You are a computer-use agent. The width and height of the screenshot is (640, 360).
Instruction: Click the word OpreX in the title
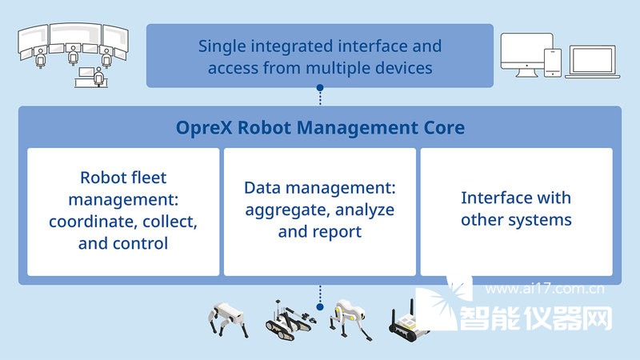pos(204,128)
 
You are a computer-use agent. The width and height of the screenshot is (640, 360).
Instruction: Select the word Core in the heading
pos(444,128)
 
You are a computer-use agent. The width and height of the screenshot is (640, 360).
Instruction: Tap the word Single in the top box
pos(222,47)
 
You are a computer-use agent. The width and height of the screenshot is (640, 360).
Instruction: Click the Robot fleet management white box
pos(123,211)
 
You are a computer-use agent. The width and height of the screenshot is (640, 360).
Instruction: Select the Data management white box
pos(319,211)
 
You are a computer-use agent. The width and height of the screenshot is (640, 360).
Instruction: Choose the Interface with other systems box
pos(516,211)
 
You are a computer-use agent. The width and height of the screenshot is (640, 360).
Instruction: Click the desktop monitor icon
pos(526,54)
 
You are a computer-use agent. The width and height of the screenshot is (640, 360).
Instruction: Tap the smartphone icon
pos(553,62)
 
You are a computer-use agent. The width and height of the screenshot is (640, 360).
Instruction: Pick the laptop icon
pos(593,62)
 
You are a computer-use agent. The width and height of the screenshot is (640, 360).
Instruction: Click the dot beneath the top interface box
pos(320,88)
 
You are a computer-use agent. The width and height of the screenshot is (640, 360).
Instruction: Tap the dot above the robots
pos(320,306)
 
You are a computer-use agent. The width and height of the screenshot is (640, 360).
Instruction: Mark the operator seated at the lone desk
pos(98,76)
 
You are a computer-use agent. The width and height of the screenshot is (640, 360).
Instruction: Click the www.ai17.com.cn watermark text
pos(545,289)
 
